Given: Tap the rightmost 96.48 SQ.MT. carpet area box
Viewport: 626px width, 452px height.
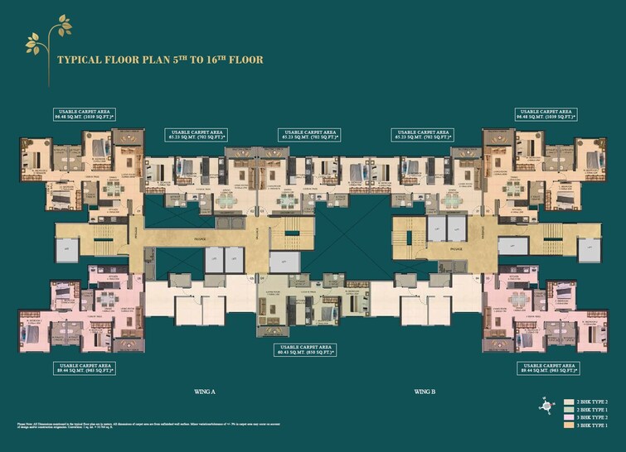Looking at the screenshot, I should pyautogui.click(x=544, y=114).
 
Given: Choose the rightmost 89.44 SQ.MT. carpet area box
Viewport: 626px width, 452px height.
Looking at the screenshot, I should pyautogui.click(x=544, y=368).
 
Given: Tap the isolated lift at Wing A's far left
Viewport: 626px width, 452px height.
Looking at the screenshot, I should pyautogui.click(x=66, y=248).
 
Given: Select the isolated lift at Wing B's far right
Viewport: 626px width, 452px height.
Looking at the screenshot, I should pyautogui.click(x=590, y=248).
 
